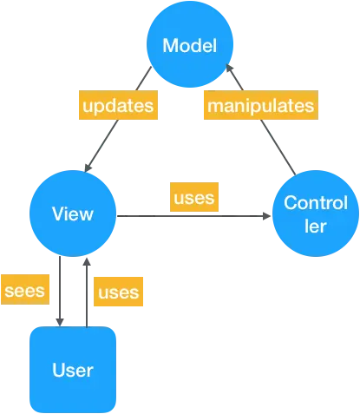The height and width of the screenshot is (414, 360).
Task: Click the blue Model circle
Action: point(189,45)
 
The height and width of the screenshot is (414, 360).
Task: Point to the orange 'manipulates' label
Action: point(259,107)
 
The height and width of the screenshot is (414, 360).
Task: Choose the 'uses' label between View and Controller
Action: point(194,198)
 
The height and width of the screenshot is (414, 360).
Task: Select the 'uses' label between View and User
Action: point(118,292)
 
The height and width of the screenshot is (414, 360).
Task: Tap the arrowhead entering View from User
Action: point(85,263)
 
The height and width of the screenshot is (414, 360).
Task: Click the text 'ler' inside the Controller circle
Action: point(314,226)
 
